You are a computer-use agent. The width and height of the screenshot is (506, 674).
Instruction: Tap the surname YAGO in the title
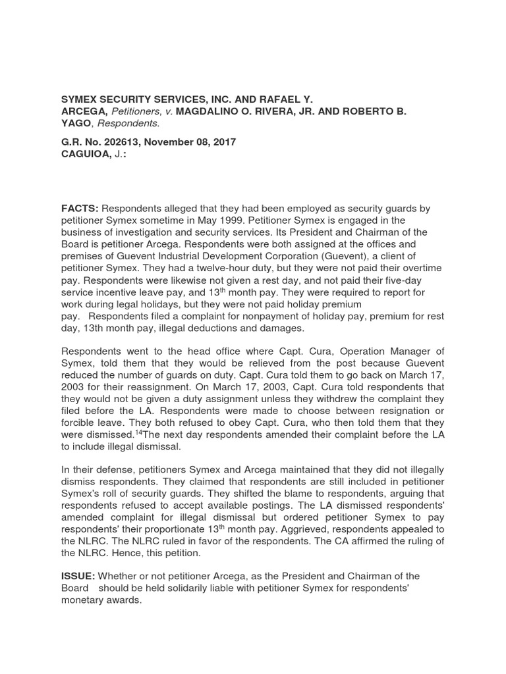[76, 123]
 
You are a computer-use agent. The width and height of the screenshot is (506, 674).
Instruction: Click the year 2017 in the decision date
[223, 142]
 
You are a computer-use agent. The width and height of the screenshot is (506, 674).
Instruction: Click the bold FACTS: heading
[80, 209]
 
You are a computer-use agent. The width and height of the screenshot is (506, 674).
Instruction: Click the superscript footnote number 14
[138, 432]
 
